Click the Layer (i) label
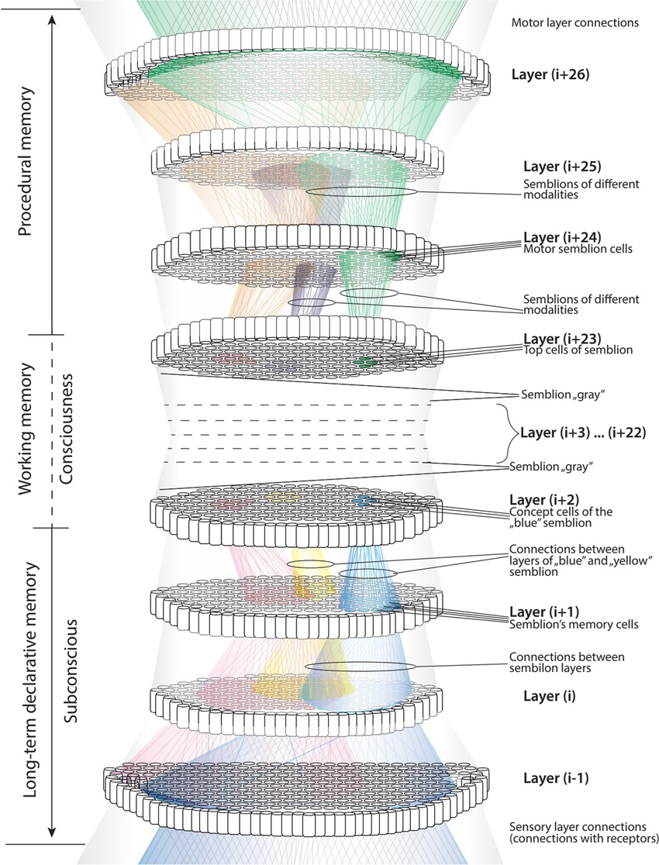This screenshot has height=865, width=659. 537,696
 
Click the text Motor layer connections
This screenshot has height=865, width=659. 574,22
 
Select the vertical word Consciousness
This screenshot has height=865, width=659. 69,430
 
